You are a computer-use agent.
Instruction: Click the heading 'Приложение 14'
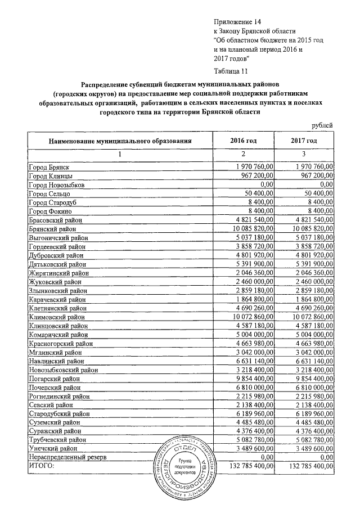pyautogui.click(x=239, y=22)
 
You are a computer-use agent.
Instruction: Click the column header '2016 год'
pyautogui.click(x=244, y=140)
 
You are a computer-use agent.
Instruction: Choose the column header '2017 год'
pyautogui.click(x=304, y=140)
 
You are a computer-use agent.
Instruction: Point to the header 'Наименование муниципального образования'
pyautogui.click(x=120, y=140)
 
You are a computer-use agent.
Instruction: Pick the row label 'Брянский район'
pyautogui.click(x=56, y=229)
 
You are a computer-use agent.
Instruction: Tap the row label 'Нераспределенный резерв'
pyautogui.click(x=65, y=458)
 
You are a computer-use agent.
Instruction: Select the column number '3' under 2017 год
pyautogui.click(x=304, y=154)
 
